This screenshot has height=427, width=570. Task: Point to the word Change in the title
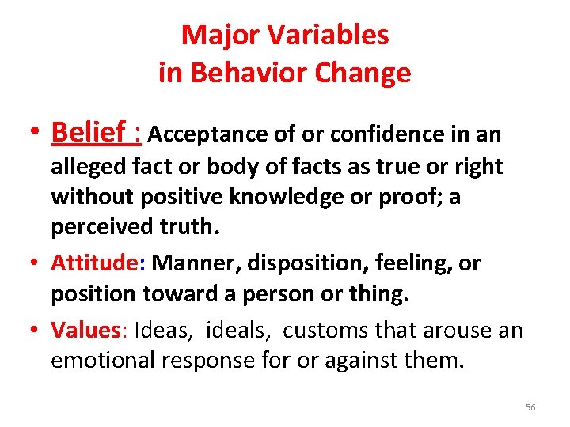365,73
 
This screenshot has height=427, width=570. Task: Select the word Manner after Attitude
192,263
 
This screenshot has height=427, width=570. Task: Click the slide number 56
530,407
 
